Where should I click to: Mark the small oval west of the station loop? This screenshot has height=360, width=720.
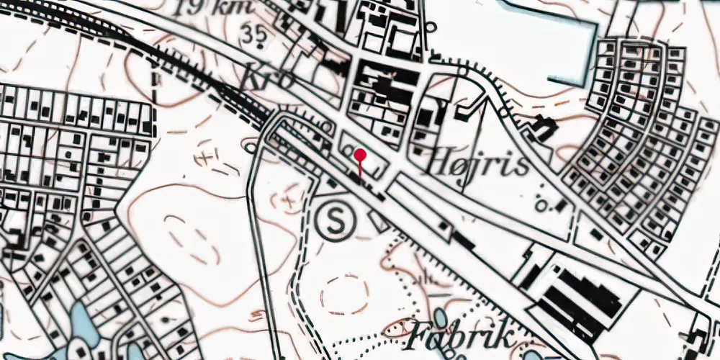250,148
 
